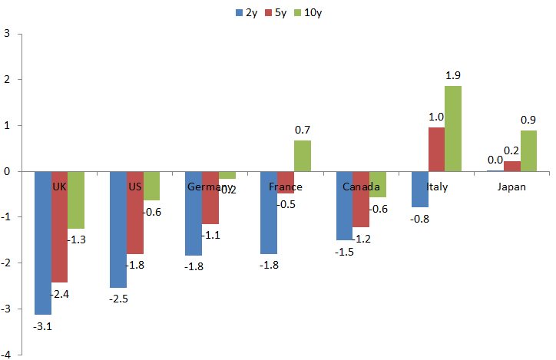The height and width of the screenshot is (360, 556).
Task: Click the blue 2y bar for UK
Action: (x=43, y=243)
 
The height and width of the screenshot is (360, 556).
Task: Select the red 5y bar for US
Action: (x=135, y=212)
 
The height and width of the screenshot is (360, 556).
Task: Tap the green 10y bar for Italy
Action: (x=453, y=128)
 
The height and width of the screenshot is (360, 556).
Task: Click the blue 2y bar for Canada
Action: (x=345, y=206)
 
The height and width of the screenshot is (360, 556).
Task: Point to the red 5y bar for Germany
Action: (x=210, y=197)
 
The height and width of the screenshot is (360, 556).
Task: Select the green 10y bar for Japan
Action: (x=528, y=151)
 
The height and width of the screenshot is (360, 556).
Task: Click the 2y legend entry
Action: (x=246, y=12)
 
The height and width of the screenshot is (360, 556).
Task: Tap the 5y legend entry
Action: (x=276, y=12)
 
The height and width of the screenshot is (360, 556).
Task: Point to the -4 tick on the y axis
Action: (x=8, y=355)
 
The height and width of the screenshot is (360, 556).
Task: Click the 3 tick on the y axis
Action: (x=8, y=33)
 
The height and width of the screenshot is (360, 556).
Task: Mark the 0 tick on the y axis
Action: (x=8, y=171)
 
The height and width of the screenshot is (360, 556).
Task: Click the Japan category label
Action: (x=511, y=187)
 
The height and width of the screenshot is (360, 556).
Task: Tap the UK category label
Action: (x=59, y=187)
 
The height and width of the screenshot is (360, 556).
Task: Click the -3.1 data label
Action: (x=42, y=326)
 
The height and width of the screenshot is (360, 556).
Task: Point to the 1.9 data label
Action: (x=452, y=75)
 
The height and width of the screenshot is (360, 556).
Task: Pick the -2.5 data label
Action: (x=117, y=299)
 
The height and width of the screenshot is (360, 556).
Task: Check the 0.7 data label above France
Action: (x=303, y=130)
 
